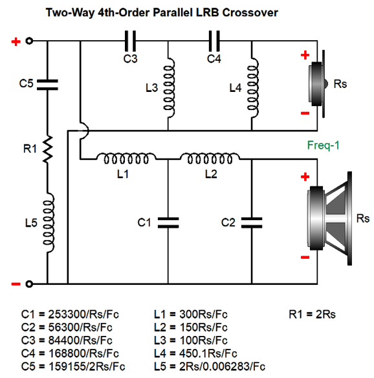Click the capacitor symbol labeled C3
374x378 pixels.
(x=130, y=43)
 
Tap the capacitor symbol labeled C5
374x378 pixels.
(x=47, y=83)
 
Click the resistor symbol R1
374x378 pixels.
(x=47, y=150)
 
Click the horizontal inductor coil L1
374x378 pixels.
(x=126, y=157)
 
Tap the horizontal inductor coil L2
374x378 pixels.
(x=209, y=157)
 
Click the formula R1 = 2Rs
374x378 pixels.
(x=313, y=315)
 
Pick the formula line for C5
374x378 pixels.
(x=72, y=366)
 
